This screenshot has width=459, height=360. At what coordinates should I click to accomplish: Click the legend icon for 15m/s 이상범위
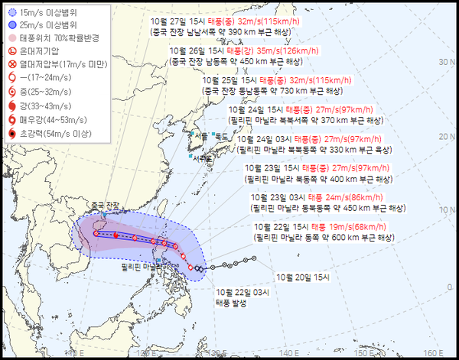pyautogui.click(x=11, y=13)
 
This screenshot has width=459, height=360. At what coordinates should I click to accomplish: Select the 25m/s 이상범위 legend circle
pyautogui.click(x=11, y=25)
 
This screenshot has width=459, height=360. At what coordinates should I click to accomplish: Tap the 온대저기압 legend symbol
pyautogui.click(x=11, y=50)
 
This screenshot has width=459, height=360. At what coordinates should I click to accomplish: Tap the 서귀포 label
pyautogui.click(x=204, y=157)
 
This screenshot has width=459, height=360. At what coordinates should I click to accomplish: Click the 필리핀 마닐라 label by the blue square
pyautogui.click(x=138, y=268)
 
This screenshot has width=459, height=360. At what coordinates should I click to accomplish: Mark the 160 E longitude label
pyautogui.click(x=434, y=352)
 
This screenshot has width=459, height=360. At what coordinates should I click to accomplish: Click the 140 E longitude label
pyautogui.click(x=288, y=352)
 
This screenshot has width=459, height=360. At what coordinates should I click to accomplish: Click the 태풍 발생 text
pyautogui.click(x=233, y=302)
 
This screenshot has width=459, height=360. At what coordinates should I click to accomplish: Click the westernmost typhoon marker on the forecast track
pyautogui.click(x=95, y=234)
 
